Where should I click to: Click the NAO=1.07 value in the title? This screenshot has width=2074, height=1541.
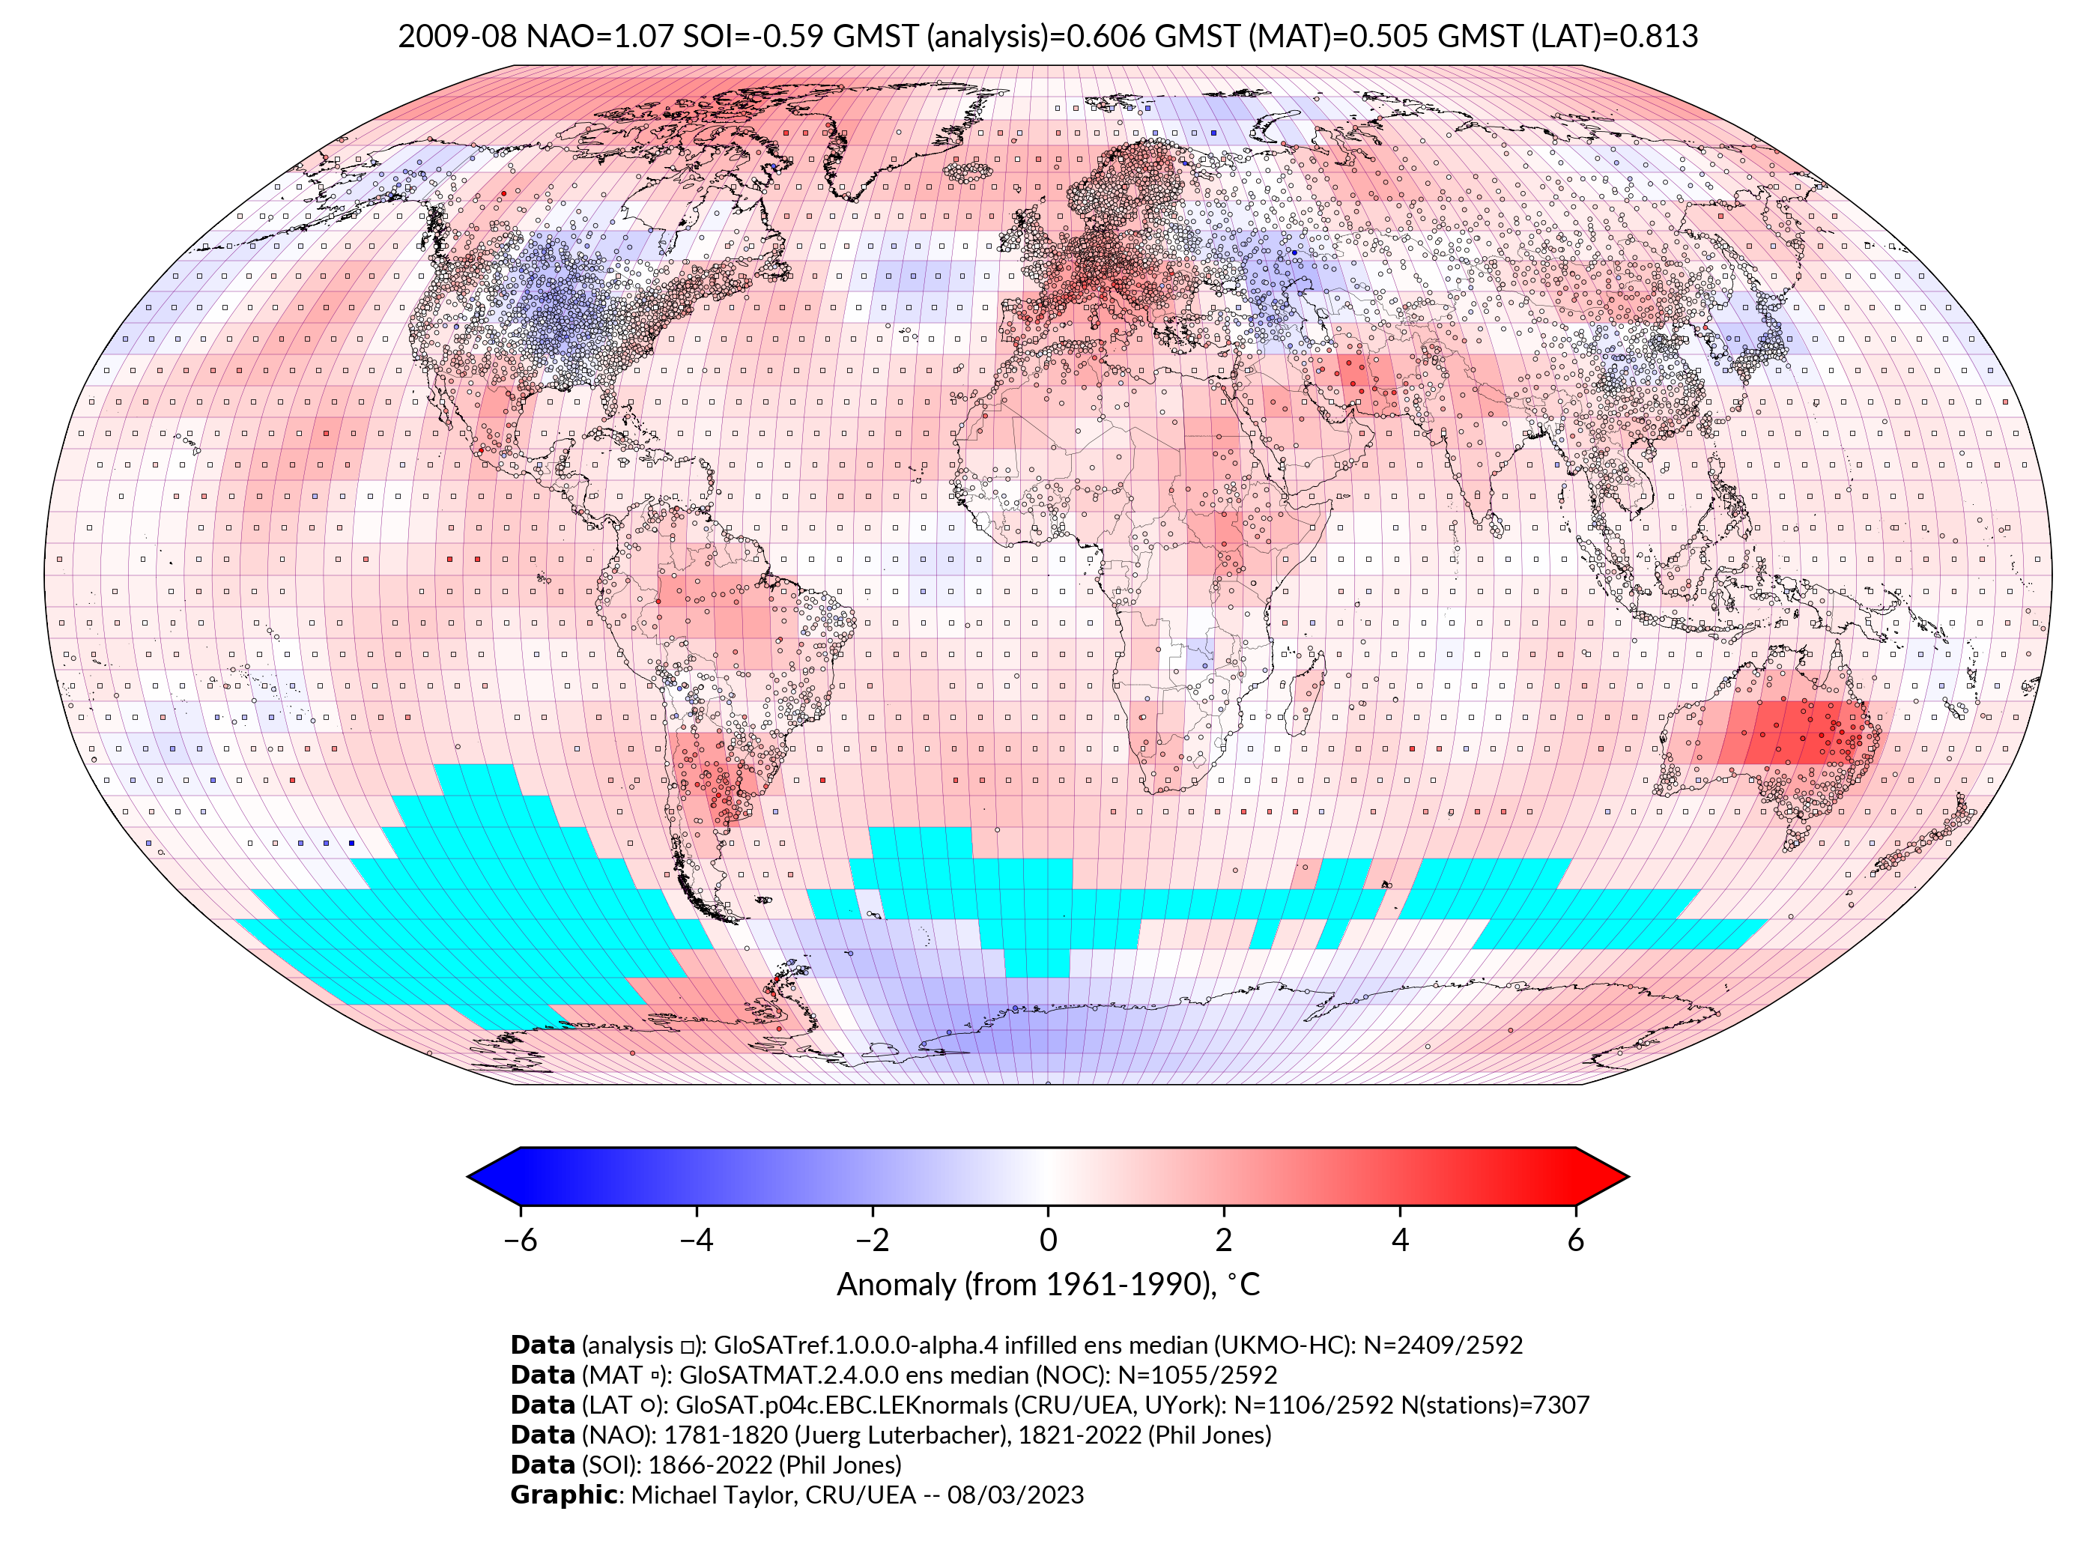pyautogui.click(x=600, y=37)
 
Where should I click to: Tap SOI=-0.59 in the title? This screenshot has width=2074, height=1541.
pyautogui.click(x=753, y=37)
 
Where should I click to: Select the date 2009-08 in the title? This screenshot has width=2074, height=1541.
pyautogui.click(x=457, y=37)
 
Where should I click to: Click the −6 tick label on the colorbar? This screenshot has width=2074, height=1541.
pyautogui.click(x=519, y=1240)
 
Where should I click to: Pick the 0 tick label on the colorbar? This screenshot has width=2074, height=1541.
pyautogui.click(x=1048, y=1240)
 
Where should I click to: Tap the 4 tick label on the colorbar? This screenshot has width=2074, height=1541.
pyautogui.click(x=1400, y=1240)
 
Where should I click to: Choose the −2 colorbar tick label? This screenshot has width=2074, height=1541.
pyautogui.click(x=872, y=1240)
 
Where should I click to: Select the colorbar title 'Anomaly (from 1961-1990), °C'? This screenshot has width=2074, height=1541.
pyautogui.click(x=1048, y=1286)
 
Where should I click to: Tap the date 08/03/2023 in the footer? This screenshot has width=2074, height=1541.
pyautogui.click(x=1016, y=1495)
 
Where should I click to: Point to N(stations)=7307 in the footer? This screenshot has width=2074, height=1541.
pyautogui.click(x=1495, y=1405)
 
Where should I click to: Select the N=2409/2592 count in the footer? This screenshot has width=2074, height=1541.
pyautogui.click(x=1443, y=1345)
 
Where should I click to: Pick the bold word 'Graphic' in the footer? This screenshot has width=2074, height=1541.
pyautogui.click(x=563, y=1495)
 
